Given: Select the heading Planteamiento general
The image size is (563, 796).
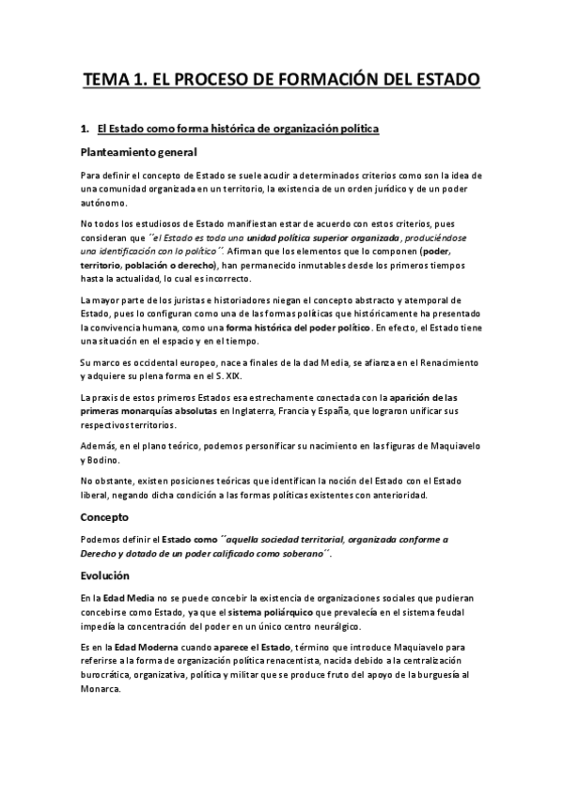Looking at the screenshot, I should (x=138, y=152).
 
